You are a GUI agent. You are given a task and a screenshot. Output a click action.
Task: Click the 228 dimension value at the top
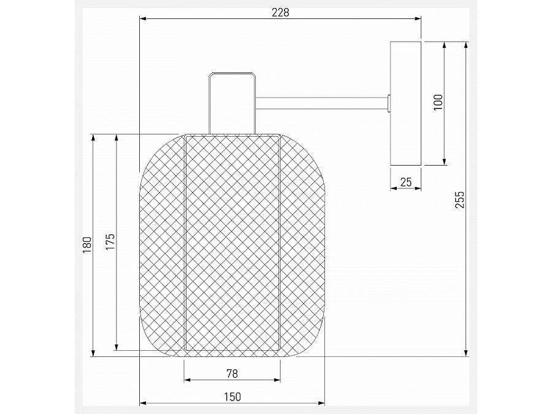pos(280,12)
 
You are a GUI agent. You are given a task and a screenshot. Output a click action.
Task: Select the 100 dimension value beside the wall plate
pos(437,102)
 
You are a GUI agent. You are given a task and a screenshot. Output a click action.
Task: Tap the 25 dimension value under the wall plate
pos(405,182)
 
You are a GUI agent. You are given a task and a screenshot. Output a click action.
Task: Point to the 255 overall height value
pos(461,200)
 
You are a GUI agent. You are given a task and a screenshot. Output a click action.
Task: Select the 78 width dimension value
pos(232,372)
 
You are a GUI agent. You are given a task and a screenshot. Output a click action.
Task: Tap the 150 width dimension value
pos(232,396)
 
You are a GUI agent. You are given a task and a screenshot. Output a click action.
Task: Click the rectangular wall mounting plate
pos(406,103)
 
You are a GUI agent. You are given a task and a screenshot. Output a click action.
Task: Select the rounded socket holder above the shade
pos(232,102)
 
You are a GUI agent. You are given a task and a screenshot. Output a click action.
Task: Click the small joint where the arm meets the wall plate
pos(389,104)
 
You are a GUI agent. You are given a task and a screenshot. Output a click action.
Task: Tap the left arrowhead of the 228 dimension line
pos(144,20)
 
